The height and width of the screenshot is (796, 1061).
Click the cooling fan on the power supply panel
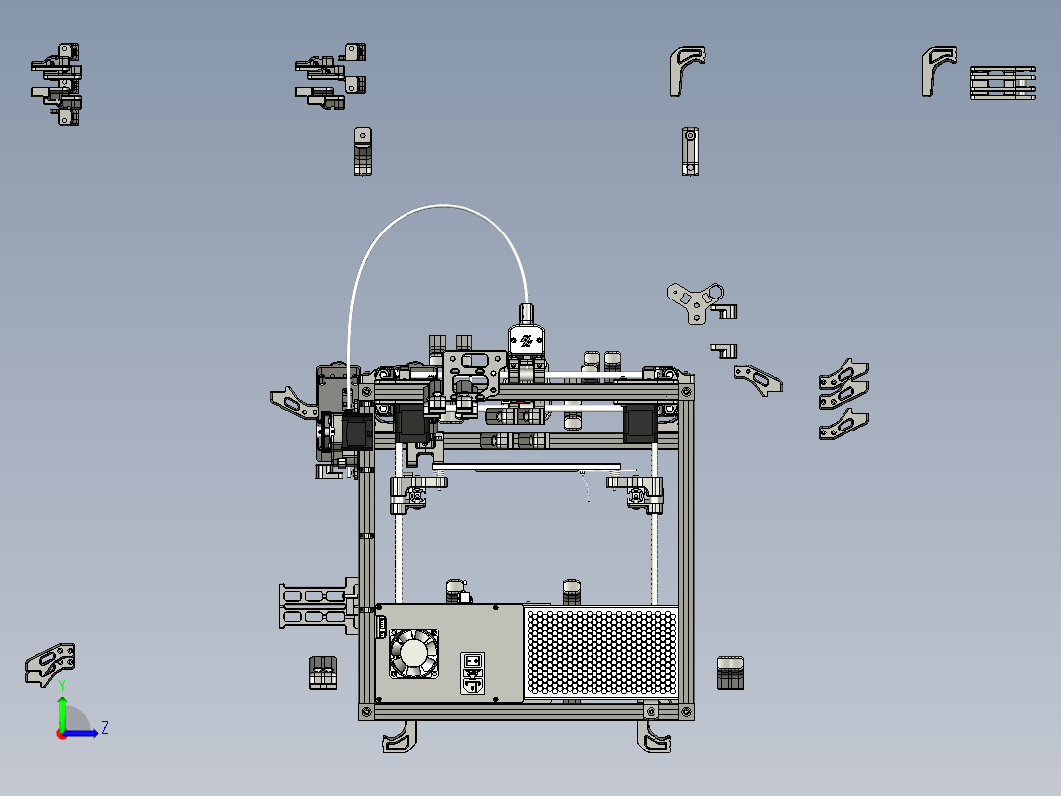tap(413, 653)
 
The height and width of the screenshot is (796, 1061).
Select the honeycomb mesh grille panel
tap(601, 651)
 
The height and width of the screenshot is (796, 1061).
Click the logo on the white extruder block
tap(527, 341)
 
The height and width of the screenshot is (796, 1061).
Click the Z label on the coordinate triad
tap(104, 728)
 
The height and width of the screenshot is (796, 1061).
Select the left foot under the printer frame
tap(399, 736)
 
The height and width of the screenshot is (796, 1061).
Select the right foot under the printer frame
tap(656, 736)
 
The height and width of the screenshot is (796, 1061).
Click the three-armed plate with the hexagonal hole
tap(696, 299)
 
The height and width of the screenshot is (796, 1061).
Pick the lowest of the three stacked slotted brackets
tap(843, 425)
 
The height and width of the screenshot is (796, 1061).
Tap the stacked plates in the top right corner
tap(1003, 84)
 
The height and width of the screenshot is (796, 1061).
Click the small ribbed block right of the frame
tap(729, 673)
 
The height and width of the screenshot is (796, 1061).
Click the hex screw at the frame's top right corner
tap(685, 392)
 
